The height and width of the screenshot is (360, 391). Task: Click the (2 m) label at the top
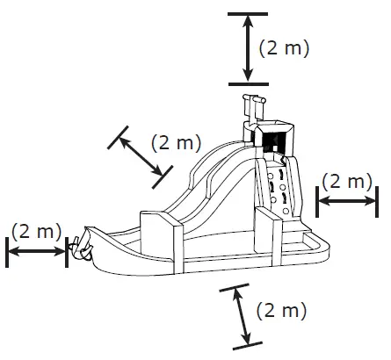pyautogui.click(x=283, y=48)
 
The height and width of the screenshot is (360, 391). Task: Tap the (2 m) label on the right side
pyautogui.click(x=346, y=182)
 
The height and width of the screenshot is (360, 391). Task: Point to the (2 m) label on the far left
pyautogui.click(x=36, y=232)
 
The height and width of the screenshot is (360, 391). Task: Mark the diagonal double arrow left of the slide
pyautogui.click(x=136, y=155)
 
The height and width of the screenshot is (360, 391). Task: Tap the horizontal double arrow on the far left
pyautogui.click(x=37, y=252)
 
